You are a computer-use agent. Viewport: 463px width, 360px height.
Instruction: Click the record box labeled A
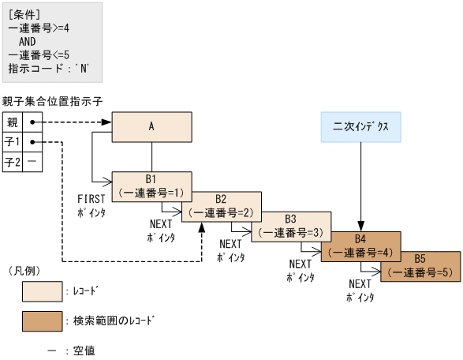point(151,126)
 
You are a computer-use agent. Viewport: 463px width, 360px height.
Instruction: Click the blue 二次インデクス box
point(361,126)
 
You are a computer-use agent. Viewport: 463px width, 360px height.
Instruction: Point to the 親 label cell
point(13,123)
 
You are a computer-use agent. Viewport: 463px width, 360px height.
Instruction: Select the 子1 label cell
point(13,142)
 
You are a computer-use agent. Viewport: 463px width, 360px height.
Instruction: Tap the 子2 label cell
point(13,162)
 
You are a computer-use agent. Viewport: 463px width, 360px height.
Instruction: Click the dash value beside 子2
point(32,162)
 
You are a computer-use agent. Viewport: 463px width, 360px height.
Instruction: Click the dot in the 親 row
point(32,123)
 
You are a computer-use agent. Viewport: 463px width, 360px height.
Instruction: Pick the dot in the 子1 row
point(32,142)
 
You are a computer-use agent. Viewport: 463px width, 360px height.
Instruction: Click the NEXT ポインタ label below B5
point(360,291)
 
